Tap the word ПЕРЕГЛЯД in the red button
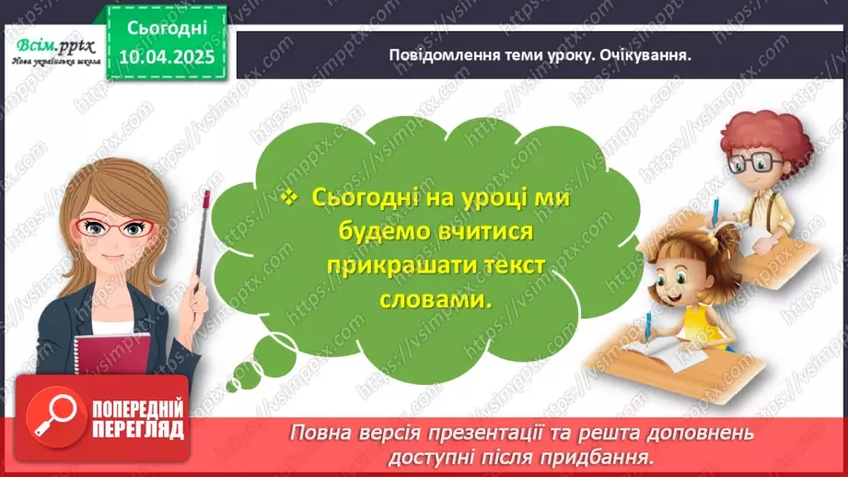pyautogui.click(x=139, y=429)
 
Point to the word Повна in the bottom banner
pyautogui.click(x=319, y=432)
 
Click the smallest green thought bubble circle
pyautogui.click(x=242, y=376)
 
